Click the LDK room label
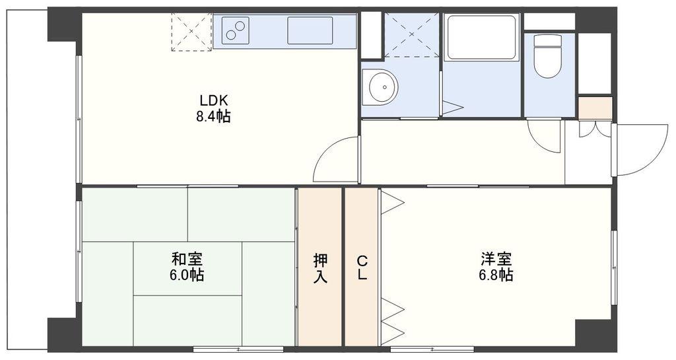213,101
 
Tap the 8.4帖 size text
213,116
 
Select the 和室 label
187,260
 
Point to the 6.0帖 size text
187,275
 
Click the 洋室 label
496,260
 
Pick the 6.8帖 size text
496,275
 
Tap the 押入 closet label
320,268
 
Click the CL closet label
362,268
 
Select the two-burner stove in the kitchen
236,30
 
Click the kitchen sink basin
310,30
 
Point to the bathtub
481,38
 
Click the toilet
547,56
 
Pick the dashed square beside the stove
192,32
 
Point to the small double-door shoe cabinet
595,129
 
